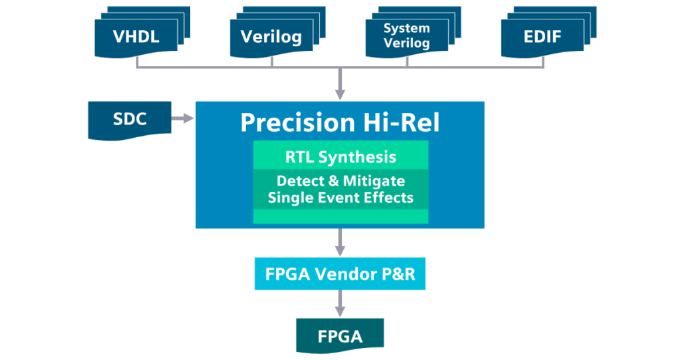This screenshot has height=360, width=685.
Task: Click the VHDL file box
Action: [136, 37]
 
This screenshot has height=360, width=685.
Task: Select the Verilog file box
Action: [271, 37]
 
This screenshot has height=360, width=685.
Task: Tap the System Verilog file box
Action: [407, 37]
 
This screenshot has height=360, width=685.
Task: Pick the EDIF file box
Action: [542, 37]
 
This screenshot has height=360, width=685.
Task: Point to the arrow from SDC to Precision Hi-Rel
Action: [183, 118]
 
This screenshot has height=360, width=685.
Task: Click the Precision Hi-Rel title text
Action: [340, 122]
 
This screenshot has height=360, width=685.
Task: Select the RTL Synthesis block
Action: [340, 157]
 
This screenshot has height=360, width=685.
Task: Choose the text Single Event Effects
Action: [340, 197]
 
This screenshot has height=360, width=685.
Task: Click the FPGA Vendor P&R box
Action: [340, 274]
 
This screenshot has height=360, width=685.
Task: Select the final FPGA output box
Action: [340, 335]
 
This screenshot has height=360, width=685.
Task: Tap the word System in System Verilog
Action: [407, 28]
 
